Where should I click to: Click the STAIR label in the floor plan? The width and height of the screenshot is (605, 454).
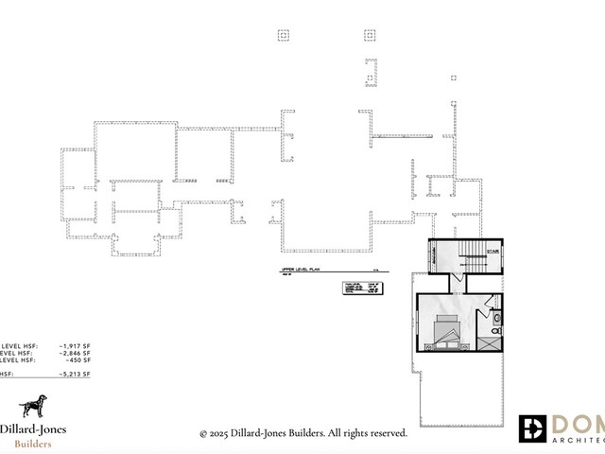tap(492, 252)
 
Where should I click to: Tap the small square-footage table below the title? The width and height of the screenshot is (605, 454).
tap(358, 288)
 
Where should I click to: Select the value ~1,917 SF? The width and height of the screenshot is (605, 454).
tap(73, 346)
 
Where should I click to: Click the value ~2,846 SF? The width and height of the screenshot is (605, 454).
tap(73, 354)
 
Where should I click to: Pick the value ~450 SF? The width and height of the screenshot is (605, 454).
tap(76, 361)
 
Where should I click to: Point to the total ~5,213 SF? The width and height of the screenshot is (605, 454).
tap(73, 375)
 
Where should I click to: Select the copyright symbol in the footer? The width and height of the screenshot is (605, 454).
tap(203, 433)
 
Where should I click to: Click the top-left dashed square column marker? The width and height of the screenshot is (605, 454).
tap(283, 35)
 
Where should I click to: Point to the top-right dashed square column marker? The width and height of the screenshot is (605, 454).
tap(370, 35)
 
